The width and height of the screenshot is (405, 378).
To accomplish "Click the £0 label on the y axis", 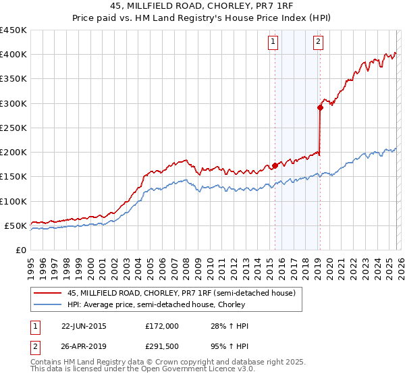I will [x=20, y=250].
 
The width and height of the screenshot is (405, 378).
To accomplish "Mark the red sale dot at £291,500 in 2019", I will [x=320, y=107].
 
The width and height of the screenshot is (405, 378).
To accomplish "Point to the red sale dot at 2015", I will [x=275, y=165].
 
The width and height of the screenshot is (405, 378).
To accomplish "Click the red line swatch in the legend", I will [x=48, y=294].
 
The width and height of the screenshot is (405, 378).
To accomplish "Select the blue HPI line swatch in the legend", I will [x=48, y=305].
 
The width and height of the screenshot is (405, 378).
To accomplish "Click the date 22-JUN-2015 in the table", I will [x=83, y=326].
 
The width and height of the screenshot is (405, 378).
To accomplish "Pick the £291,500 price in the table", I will [x=162, y=348].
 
